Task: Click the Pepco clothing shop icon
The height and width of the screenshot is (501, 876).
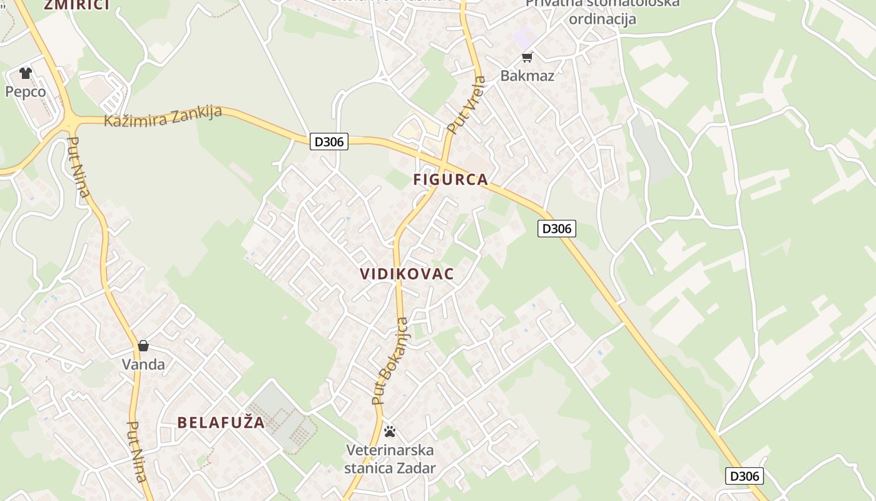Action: point(25,73)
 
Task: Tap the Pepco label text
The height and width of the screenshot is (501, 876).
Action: point(26,92)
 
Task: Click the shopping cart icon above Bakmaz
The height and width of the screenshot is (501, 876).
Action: point(527,58)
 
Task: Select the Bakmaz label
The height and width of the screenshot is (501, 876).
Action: point(527,76)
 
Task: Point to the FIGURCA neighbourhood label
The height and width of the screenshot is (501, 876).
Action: point(450,180)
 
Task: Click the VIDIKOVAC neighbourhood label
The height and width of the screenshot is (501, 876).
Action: point(407,274)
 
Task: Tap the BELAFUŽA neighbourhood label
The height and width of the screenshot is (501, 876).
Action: point(221,423)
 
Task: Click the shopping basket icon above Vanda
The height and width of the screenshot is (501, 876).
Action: point(143,346)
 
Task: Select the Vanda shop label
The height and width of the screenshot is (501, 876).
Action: point(143,364)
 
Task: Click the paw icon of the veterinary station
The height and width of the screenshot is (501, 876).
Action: point(390,431)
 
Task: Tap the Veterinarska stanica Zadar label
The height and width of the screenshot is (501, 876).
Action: point(390,459)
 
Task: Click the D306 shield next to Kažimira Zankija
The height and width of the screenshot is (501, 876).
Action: point(329,142)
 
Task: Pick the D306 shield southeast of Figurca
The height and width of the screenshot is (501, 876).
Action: point(556,229)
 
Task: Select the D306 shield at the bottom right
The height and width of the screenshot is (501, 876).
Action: point(745,476)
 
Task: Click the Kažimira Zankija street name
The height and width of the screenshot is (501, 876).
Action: point(163,116)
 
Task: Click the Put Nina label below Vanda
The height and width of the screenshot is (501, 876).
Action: point(137,451)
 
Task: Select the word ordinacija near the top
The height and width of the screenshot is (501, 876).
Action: point(602,19)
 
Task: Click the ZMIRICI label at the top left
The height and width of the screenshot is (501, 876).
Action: point(76,5)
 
